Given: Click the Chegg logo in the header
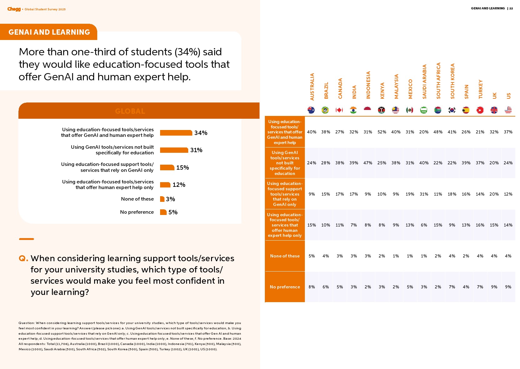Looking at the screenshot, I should click(x=14, y=9).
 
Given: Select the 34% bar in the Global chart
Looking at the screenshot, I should click(x=176, y=133).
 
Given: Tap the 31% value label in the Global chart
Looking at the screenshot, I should click(x=196, y=150).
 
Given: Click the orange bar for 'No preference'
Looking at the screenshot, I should click(x=163, y=212).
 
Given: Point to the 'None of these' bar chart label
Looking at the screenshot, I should click(x=137, y=199).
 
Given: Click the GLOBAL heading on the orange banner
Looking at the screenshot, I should click(x=130, y=111).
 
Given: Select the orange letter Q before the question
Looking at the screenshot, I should click(x=23, y=258).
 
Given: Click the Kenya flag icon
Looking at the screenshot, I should click(x=381, y=110).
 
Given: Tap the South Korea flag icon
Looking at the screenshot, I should click(x=452, y=110).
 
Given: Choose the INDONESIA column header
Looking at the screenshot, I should click(x=368, y=85).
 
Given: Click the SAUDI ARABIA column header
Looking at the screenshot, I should click(x=424, y=82).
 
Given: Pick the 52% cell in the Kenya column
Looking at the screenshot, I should click(x=382, y=132).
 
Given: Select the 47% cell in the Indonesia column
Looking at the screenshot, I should click(x=368, y=163).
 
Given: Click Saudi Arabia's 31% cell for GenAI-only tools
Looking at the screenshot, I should click(x=424, y=194).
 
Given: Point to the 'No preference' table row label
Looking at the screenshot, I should click(x=285, y=287).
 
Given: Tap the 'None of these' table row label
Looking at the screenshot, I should click(x=285, y=256).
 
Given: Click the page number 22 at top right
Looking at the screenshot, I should click(x=511, y=8).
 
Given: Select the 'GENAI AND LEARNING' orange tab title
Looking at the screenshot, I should click(x=49, y=32).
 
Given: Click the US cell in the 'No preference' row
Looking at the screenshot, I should click(x=508, y=287).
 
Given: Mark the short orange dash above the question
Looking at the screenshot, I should click(x=27, y=239).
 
